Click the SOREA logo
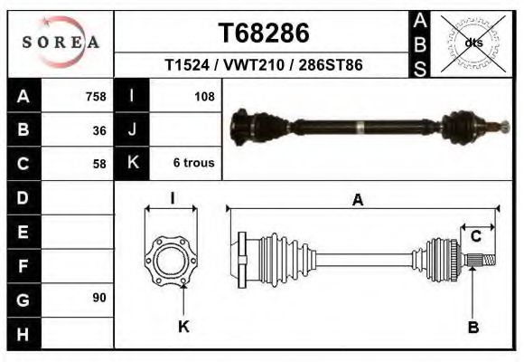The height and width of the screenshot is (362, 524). point(61,43)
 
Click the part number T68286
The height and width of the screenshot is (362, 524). point(264,33)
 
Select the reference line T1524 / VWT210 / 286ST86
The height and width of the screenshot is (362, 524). point(264,65)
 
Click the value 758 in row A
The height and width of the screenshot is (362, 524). point(95,96)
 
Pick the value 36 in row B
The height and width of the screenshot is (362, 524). point(99,129)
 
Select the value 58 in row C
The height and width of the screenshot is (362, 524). point(99,164)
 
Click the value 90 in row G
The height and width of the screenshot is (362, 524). point(99,298)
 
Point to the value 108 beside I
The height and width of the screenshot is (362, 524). point(204,96)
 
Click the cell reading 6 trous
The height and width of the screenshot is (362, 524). point(193,164)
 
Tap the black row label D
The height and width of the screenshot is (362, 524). point(23,197)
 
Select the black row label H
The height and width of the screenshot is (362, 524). point(23,332)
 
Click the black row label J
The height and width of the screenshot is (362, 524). point(133,129)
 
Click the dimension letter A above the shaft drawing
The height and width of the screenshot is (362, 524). point(358,201)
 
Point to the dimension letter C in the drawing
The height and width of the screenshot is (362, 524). point(475,238)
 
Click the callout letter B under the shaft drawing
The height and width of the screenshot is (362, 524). point(473,327)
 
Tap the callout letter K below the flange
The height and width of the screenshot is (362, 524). point(183,327)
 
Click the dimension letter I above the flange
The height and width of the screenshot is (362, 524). point(173,197)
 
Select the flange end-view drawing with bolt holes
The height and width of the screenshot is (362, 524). point(172,261)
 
